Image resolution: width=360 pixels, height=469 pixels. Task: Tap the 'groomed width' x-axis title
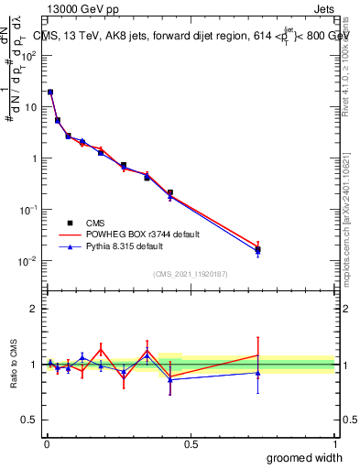pyautogui.click(x=306, y=456)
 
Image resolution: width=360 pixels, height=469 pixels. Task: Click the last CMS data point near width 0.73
pyautogui.click(x=258, y=249)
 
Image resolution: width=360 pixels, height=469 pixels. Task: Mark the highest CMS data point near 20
pyautogui.click(x=50, y=92)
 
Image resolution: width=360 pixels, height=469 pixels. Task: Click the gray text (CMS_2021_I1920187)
pyautogui.click(x=190, y=274)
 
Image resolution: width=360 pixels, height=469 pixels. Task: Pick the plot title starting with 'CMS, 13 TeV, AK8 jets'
pyautogui.click(x=192, y=36)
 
